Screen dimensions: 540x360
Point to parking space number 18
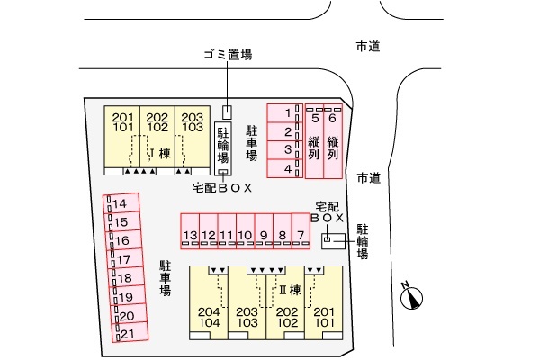pos(124,277)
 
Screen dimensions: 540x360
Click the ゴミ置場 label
pos(226,55)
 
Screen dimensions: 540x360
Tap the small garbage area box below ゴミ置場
pos(227,112)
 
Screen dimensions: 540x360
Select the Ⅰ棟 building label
pos(160,152)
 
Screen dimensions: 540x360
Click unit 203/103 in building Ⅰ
pos(191,122)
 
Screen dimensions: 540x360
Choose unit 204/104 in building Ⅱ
pos(209,315)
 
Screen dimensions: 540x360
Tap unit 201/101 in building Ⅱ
pos(323,315)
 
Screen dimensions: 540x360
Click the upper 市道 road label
pos(367,46)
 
